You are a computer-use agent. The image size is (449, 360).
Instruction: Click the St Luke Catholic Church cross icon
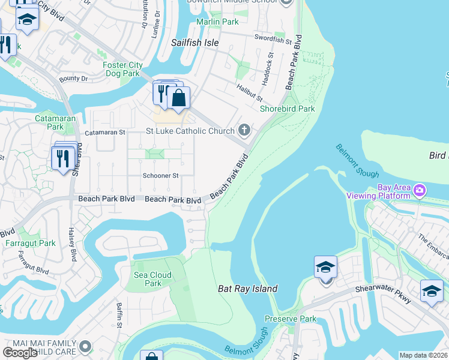point(244,130)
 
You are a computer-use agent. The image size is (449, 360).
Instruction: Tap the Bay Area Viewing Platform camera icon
point(420,191)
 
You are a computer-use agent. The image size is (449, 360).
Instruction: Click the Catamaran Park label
point(49,123)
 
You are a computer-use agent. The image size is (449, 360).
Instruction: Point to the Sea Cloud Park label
point(153,279)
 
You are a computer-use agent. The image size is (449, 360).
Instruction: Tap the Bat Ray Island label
point(247,289)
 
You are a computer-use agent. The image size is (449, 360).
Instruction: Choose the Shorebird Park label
point(287,109)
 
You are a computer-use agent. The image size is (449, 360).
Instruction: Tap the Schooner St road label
point(160,176)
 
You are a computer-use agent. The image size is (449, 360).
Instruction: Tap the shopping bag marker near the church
point(178,98)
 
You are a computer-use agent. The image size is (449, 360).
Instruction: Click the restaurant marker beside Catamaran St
point(62,158)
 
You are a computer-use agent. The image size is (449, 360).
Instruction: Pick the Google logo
point(20,353)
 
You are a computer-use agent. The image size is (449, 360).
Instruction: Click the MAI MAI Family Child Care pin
point(85,346)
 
